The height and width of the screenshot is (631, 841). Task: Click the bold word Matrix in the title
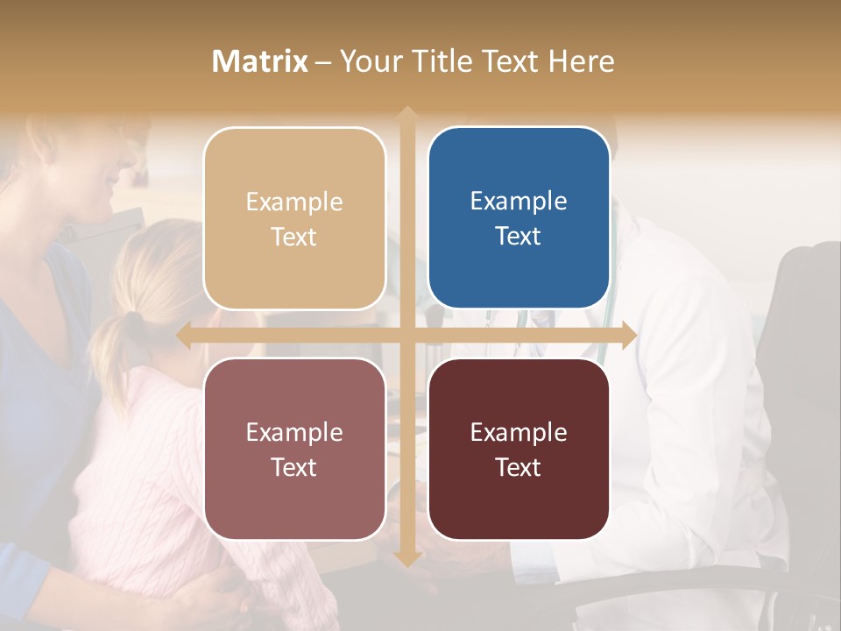point(260,61)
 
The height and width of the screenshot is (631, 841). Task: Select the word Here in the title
point(581,61)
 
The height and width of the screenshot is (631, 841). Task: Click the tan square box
point(294,218)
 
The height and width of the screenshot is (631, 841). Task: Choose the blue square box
point(519,218)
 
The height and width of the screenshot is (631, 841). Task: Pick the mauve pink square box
point(294,450)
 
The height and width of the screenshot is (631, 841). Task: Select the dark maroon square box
point(519,450)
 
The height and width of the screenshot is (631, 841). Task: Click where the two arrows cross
point(406,336)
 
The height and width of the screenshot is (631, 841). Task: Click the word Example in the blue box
point(519,201)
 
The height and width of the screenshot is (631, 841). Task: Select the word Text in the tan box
point(294,237)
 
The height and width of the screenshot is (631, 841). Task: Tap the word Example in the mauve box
point(294,432)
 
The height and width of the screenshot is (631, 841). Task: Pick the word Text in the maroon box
point(519,468)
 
